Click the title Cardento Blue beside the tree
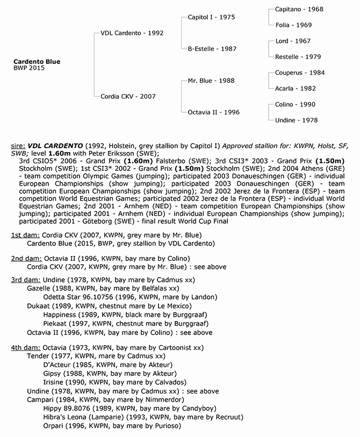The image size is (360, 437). tap(37, 62)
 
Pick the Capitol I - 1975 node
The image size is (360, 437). tap(211, 17)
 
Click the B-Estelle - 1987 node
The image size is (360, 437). tap(212, 49)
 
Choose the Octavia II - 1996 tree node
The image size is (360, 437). tap(214, 112)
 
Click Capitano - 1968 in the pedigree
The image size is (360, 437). tap(299, 9)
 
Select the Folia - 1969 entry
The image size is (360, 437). tap(293, 25)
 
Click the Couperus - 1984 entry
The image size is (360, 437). tap(300, 72)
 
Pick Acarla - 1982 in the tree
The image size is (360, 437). tap(295, 89)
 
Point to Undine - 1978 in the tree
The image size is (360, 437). tap(296, 120)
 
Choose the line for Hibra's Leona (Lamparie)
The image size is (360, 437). tap(143, 417)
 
